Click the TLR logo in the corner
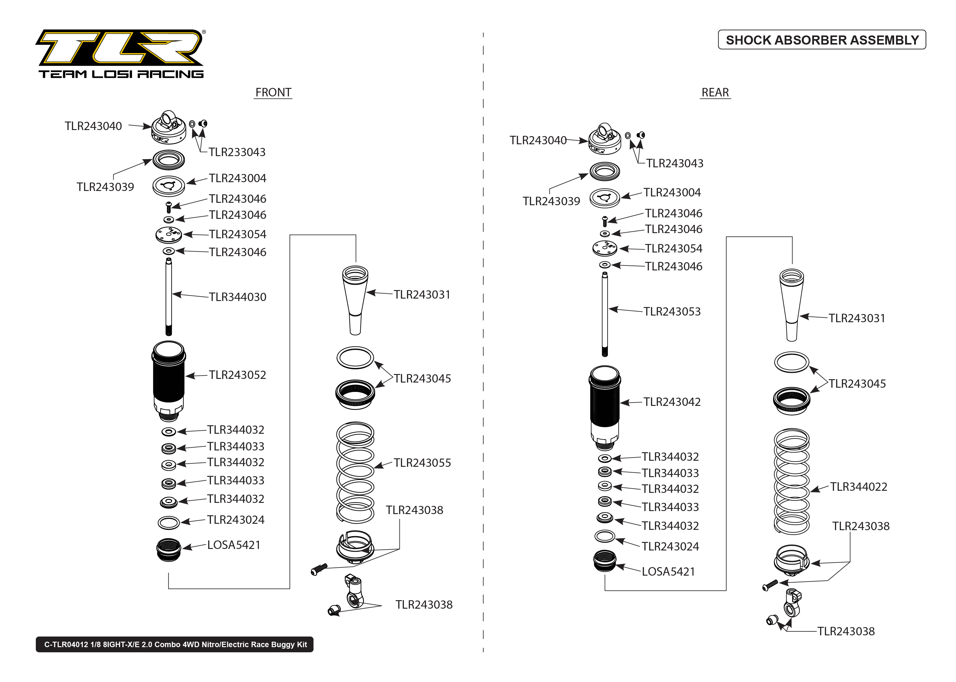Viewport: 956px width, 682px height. pyautogui.click(x=120, y=53)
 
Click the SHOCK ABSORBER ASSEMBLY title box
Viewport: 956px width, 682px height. pyautogui.click(x=822, y=40)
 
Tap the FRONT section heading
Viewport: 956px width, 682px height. pyautogui.click(x=273, y=92)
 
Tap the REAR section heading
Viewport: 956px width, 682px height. pyautogui.click(x=715, y=92)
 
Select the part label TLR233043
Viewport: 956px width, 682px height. pyautogui.click(x=237, y=152)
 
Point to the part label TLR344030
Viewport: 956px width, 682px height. pyautogui.click(x=238, y=297)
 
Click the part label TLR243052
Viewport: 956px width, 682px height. pyautogui.click(x=238, y=375)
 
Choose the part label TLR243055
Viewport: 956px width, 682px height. pyautogui.click(x=422, y=463)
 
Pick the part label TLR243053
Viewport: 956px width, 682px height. pyautogui.click(x=672, y=312)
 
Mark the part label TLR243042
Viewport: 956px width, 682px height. pyautogui.click(x=672, y=402)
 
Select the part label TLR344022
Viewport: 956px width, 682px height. pyautogui.click(x=859, y=487)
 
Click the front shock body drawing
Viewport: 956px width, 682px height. pyautogui.click(x=168, y=380)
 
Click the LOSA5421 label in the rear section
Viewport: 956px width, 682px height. pyautogui.click(x=668, y=572)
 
